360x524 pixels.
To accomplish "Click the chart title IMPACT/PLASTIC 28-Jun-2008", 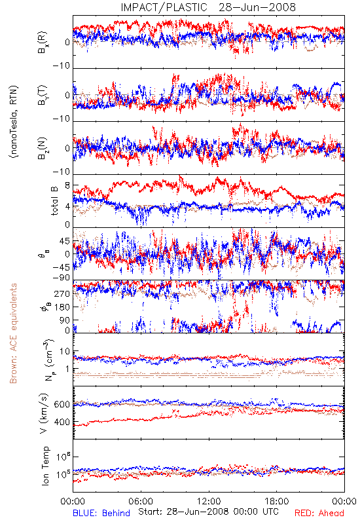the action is click(208, 7).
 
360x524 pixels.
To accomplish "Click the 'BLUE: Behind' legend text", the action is click(101, 514).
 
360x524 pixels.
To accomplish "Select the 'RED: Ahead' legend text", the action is click(319, 514).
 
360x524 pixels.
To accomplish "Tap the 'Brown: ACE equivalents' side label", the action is click(13, 333).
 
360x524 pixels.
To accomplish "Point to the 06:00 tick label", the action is click(141, 501).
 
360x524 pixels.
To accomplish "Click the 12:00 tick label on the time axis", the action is click(209, 501).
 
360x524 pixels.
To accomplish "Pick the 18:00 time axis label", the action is click(277, 501).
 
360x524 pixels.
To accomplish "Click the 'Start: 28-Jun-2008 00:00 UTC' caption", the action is click(208, 512).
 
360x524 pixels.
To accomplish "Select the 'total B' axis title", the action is click(54, 201).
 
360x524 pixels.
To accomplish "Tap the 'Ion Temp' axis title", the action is click(45, 466).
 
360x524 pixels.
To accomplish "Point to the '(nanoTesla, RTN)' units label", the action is click(14, 122).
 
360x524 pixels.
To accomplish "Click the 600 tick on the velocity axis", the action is click(62, 405).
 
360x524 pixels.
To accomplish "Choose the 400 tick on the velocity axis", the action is click(62, 422).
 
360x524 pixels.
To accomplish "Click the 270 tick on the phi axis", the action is click(62, 294).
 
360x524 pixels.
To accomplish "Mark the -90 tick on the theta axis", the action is click(62, 278).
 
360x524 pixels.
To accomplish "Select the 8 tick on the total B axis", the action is click(67, 186).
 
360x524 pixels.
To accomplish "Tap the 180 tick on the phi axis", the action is click(62, 307).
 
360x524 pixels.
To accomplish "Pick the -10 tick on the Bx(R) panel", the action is click(62, 66).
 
